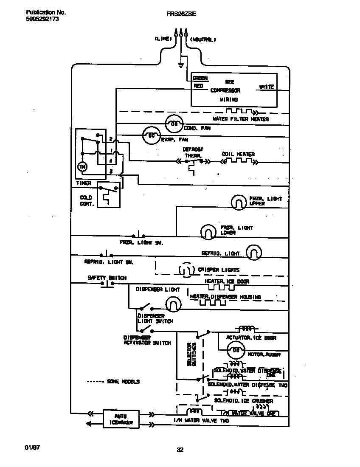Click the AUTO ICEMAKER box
click(121, 418)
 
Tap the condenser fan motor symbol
click(173, 124)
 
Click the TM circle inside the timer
click(82, 167)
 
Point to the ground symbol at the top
click(180, 65)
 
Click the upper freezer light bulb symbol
click(239, 202)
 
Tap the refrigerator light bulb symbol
click(253, 253)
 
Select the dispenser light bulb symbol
click(173, 304)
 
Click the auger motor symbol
click(235, 351)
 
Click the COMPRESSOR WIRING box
click(233, 89)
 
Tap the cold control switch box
click(108, 196)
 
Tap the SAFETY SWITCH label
click(107, 278)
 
